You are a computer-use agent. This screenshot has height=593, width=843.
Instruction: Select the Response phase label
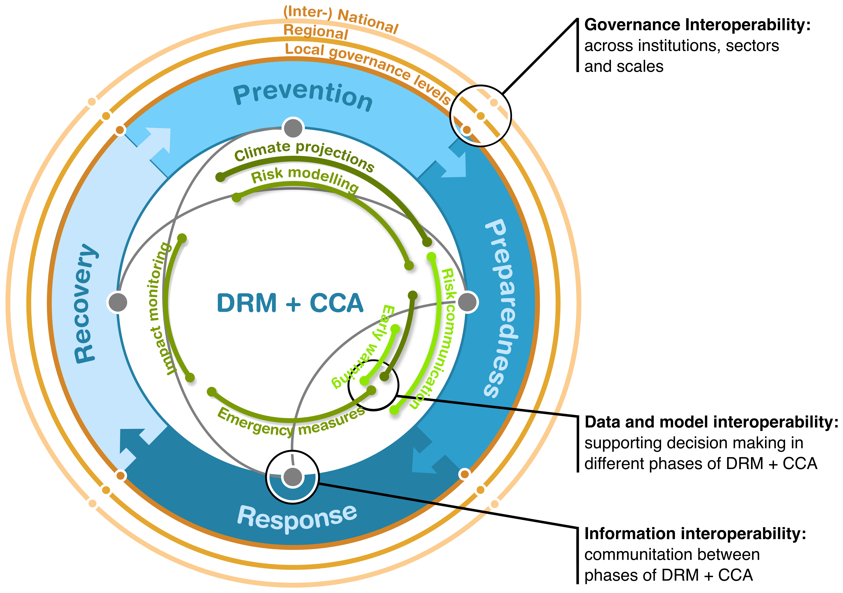[x=297, y=517]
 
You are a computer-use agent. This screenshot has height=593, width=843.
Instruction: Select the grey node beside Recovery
[x=118, y=302]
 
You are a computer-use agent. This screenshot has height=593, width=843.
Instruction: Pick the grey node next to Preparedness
[x=468, y=302]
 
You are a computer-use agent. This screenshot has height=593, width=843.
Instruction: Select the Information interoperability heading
[x=695, y=534]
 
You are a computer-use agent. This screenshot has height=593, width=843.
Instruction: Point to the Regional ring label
[x=316, y=32]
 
